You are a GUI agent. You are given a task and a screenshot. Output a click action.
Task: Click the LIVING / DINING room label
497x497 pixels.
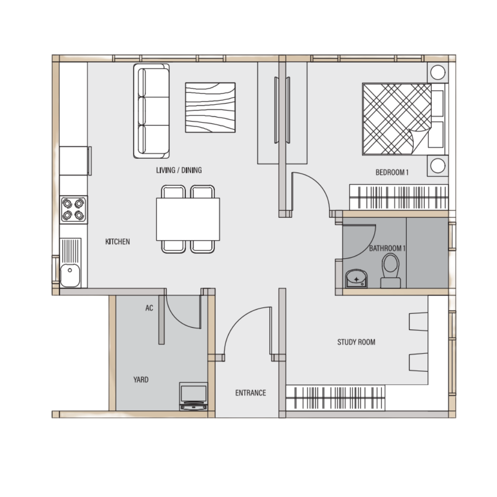pos(179,170)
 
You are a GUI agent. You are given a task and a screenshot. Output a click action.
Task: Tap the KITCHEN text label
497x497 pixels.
pos(118,242)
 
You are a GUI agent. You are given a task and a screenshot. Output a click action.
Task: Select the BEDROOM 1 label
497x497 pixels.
pos(392,173)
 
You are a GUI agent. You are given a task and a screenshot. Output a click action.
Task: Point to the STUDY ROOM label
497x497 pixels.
pos(356,342)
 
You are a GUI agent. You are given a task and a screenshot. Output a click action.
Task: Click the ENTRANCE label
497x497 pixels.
pos(250,393)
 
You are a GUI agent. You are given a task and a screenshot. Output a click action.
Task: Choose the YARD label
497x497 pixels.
pos(141,379)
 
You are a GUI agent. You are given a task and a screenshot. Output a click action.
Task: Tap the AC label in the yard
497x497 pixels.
pos(149,308)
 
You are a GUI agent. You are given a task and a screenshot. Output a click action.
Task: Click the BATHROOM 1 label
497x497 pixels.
pos(387,248)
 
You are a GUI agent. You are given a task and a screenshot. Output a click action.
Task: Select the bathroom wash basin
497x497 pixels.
pos(356,278)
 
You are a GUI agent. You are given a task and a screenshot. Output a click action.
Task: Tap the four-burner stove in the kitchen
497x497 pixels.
pos(73,209)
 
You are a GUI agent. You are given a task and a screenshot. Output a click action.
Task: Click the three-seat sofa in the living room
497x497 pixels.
pos(151,111)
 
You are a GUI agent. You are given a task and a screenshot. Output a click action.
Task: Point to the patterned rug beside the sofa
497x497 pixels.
pos(210,107)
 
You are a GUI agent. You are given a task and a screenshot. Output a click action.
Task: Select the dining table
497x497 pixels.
pos(188,219)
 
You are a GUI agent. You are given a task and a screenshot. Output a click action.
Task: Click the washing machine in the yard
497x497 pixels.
pos(193,396)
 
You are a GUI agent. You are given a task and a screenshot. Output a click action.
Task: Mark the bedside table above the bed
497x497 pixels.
pos(438,73)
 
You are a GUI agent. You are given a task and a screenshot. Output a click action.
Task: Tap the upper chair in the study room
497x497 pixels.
pos(418,322)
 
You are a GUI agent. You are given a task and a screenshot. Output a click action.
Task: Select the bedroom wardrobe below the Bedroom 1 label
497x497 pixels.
pos(399,197)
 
